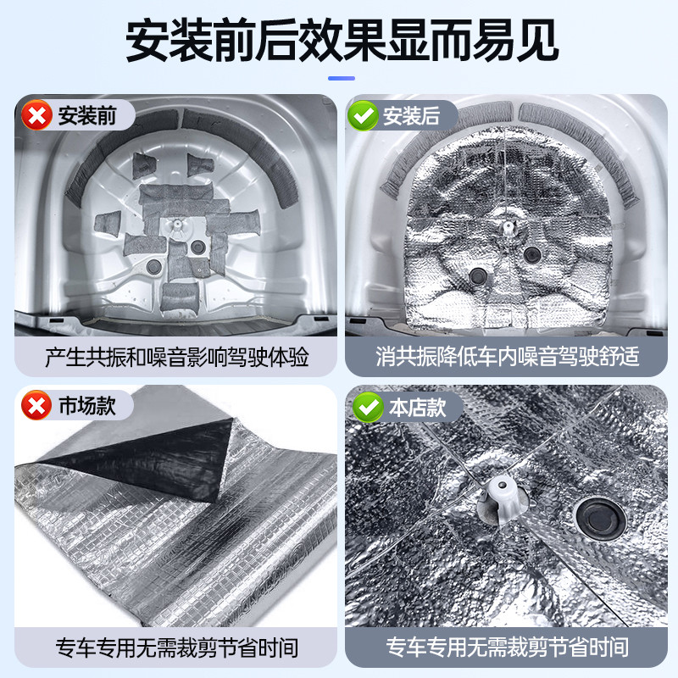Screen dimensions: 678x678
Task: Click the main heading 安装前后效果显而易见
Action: point(342,41)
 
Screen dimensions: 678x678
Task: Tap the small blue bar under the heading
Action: point(342,78)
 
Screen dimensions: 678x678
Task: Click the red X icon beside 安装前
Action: point(36,115)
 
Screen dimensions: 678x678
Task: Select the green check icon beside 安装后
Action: point(363,115)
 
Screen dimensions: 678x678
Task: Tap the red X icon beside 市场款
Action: point(36,405)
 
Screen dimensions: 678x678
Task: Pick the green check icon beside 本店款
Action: point(368,407)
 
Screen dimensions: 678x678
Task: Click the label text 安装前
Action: point(87,115)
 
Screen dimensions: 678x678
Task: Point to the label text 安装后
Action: point(411,116)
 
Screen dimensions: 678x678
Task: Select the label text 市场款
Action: point(87,406)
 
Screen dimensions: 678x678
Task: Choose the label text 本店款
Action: point(417,408)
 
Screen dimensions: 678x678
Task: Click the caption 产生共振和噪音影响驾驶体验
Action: point(177,357)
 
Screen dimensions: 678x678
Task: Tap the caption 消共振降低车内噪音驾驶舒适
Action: point(507,357)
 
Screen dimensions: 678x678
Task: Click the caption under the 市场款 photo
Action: point(177,647)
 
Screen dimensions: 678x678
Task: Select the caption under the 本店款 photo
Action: point(507,647)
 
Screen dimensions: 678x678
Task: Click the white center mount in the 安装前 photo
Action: point(177,225)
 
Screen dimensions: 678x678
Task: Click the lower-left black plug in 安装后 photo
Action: point(478,275)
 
